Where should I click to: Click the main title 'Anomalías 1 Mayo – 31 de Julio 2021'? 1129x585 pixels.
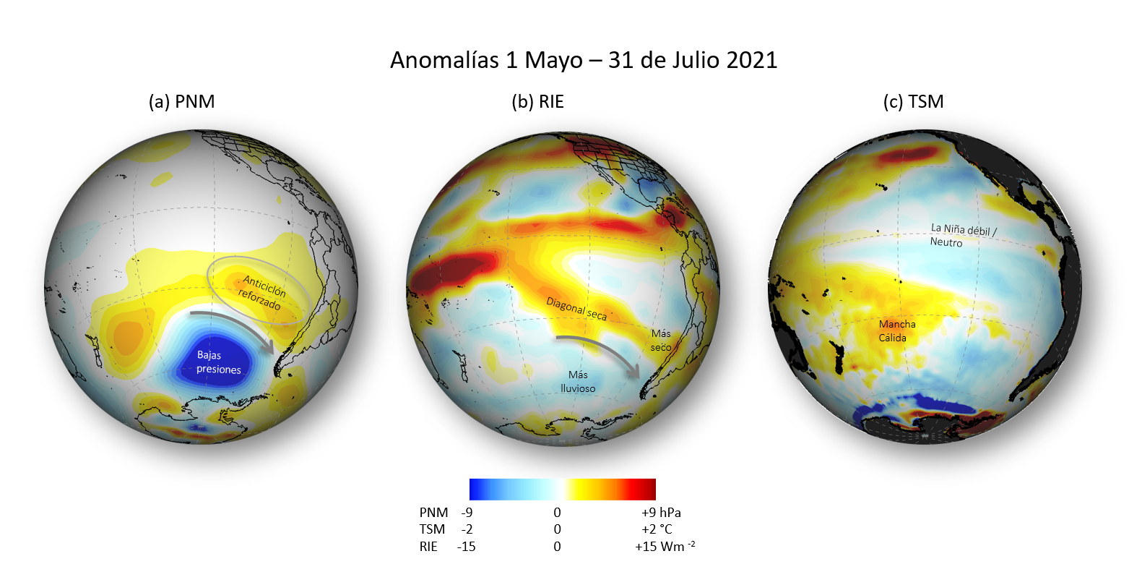(584, 59)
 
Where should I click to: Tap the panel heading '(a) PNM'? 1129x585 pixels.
(181, 102)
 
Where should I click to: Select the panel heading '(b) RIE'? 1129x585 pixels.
(537, 102)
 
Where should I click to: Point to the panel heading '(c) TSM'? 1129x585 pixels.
(913, 102)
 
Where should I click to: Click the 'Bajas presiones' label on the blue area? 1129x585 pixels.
(218, 362)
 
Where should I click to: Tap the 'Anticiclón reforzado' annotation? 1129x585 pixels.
(261, 293)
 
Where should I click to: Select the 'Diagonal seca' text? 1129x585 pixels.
(576, 309)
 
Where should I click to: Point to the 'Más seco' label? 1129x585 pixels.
(661, 340)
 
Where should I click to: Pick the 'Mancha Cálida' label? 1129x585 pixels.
(897, 330)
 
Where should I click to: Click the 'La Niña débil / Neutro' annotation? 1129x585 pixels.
(962, 235)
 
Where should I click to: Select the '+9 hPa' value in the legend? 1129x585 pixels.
(660, 512)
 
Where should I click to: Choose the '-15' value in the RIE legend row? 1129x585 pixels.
(466, 547)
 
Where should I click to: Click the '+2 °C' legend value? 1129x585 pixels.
(657, 529)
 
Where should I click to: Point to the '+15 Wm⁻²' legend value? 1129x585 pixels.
(665, 547)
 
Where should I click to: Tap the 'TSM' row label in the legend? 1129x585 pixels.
(432, 529)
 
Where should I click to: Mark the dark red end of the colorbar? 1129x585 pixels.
(650, 490)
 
